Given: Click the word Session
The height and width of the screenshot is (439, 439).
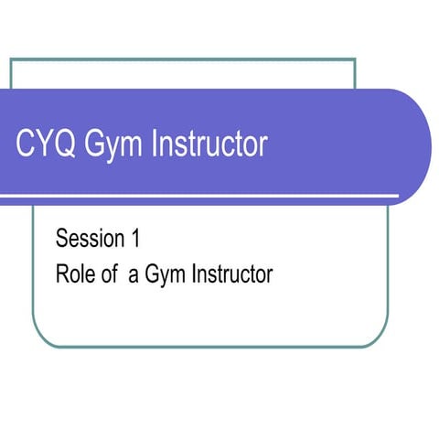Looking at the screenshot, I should tap(90, 240).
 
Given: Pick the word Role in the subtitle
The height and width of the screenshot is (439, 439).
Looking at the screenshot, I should tap(74, 273).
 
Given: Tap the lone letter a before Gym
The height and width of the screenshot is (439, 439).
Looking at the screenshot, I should tap(133, 275).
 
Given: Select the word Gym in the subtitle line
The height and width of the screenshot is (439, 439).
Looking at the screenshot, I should tap(161, 275).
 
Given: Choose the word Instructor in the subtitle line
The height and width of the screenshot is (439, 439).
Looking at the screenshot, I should tap(229, 273).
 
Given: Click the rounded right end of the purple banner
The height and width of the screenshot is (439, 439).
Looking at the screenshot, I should tap(416, 146).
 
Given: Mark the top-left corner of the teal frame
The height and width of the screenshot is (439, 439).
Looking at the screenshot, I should tap(11, 59).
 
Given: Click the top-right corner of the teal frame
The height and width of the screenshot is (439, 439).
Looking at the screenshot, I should tap(355, 59).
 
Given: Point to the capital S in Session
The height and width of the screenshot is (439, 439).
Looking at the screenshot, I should tap(62, 240).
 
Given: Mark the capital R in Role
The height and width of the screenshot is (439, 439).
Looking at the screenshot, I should tap(62, 273).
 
